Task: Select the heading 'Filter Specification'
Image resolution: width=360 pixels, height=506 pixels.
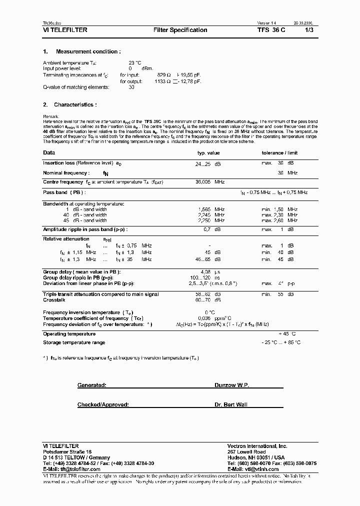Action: tap(180, 30)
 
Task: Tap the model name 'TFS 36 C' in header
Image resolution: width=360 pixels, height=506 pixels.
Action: tap(272, 30)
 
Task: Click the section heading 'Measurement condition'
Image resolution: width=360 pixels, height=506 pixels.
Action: tap(88, 51)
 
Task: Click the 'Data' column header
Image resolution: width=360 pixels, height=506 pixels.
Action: tap(49, 153)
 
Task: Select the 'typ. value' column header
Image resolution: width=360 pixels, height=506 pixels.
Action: tap(208, 153)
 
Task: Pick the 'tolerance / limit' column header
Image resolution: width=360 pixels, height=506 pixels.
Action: tap(279, 153)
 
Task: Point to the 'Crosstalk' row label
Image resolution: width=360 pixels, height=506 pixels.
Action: tap(54, 300)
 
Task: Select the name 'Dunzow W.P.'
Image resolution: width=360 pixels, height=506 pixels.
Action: tap(231, 385)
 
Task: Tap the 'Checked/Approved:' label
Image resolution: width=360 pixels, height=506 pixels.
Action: tap(103, 404)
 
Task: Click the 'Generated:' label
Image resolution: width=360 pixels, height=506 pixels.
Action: tap(91, 385)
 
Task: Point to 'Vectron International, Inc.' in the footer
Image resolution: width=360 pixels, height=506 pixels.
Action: tap(257, 445)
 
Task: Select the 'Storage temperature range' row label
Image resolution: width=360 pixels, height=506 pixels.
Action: tap(74, 342)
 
